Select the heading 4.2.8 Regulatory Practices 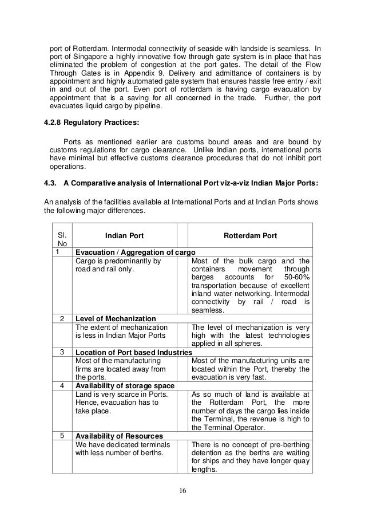[x=92, y=124]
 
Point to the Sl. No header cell [x=59, y=239]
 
